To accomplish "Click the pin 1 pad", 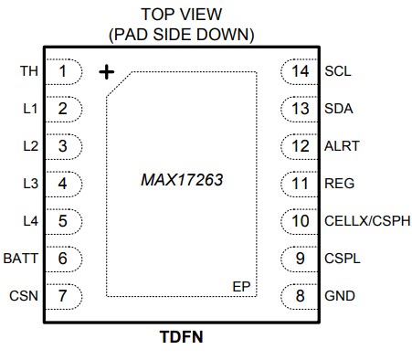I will [64, 70].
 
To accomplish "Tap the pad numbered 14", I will [300, 70].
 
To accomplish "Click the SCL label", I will [337, 70].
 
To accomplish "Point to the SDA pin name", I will [338, 108].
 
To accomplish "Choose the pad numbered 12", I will [300, 145].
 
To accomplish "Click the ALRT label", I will [341, 145].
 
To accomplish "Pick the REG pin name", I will [338, 183].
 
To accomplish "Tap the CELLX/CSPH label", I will [366, 220].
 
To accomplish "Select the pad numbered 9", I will [300, 258].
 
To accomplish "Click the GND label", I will [339, 295].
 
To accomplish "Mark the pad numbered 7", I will [64, 295].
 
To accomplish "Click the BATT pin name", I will [22, 258].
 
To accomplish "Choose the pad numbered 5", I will [64, 220].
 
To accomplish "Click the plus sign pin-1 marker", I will [108, 70].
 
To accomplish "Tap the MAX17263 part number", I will [182, 180].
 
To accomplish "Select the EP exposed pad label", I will [241, 287].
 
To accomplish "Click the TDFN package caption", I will [182, 336].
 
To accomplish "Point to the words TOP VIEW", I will [181, 16].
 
